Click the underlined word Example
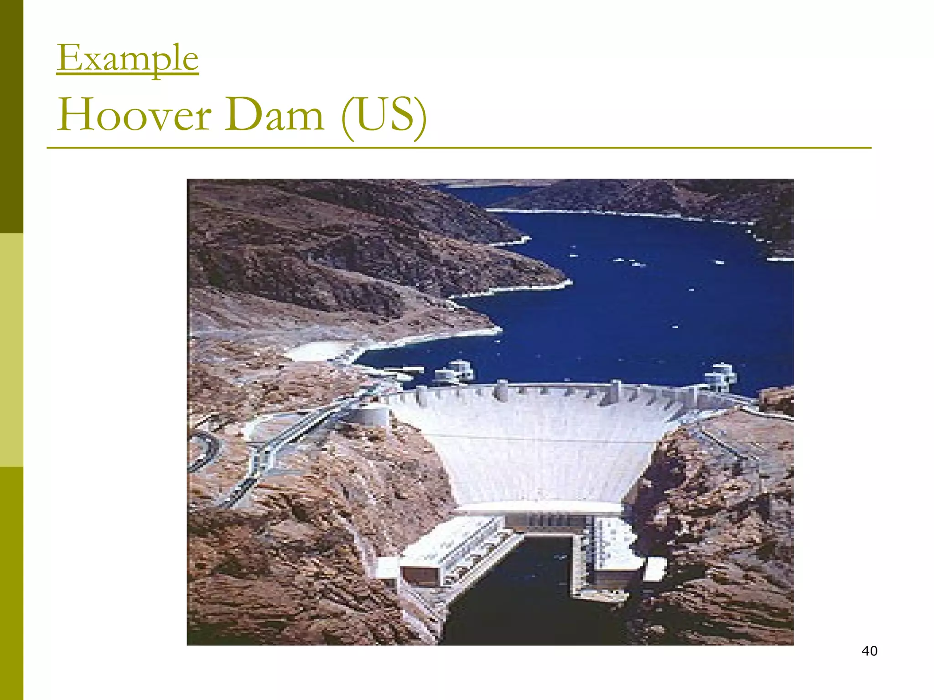tap(128, 58)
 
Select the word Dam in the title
tap(274, 114)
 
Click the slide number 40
tap(869, 651)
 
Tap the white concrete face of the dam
tap(538, 447)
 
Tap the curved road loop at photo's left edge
tap(203, 451)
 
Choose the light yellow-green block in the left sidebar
tap(11, 350)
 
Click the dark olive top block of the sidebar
tap(11, 116)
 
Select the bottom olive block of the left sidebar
tap(11, 583)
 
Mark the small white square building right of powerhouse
tap(655, 569)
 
